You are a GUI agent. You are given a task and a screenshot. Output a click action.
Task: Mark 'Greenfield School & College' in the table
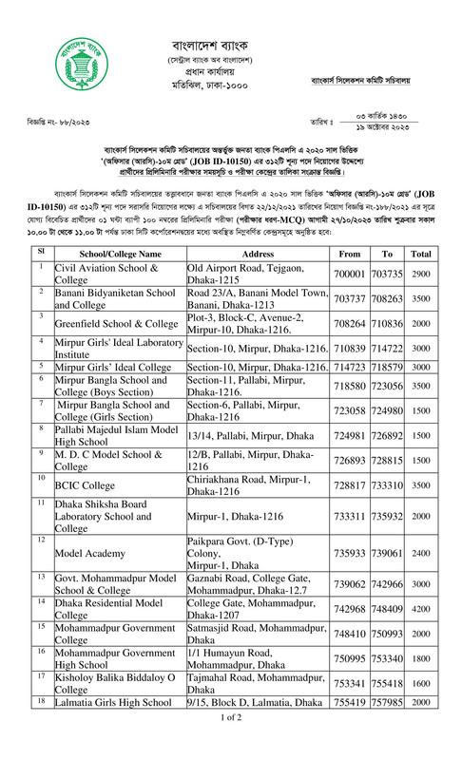pyautogui.click(x=103, y=323)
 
